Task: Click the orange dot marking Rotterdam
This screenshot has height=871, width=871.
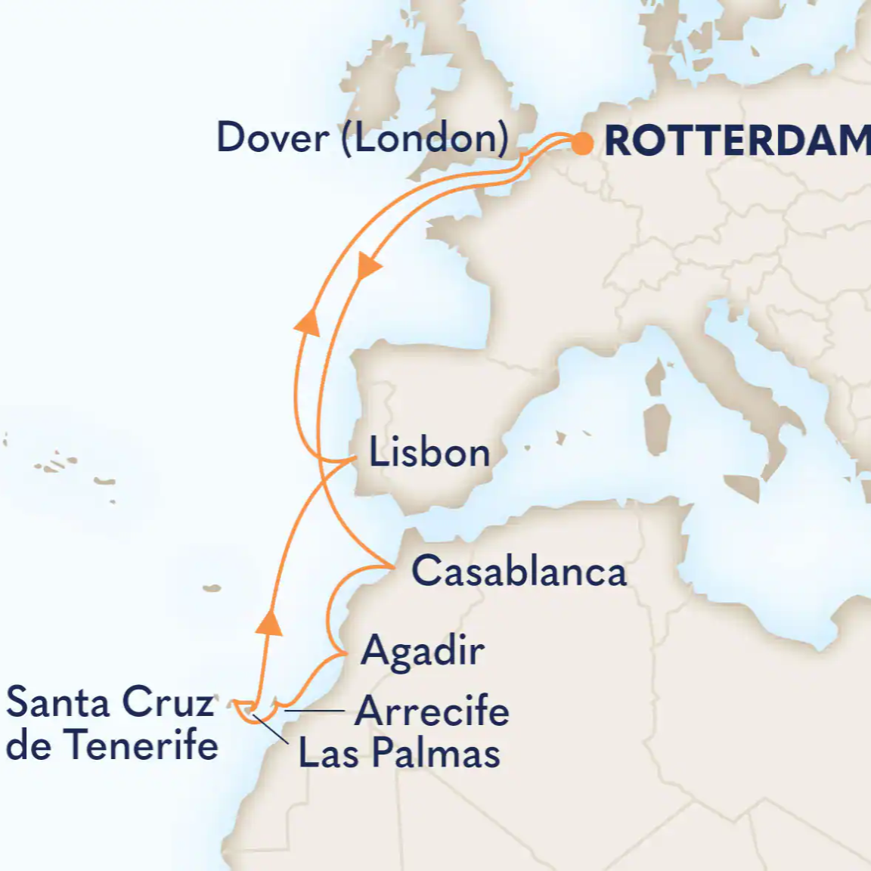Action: coord(581,143)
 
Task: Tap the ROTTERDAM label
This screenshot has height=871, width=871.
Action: coord(737,141)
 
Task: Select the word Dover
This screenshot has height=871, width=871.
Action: coord(273,138)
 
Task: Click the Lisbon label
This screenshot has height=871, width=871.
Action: coord(429,454)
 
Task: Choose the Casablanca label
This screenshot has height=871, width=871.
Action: coord(519,571)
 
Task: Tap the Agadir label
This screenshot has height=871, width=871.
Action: coord(423,651)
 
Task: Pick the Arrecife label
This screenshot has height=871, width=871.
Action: coord(432,711)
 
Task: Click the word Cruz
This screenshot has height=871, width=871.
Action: coord(168,702)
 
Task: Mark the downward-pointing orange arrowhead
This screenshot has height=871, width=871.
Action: coord(368,267)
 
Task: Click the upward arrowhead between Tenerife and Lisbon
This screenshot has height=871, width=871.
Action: coord(268,621)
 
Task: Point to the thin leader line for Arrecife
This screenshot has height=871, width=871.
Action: coord(315,711)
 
